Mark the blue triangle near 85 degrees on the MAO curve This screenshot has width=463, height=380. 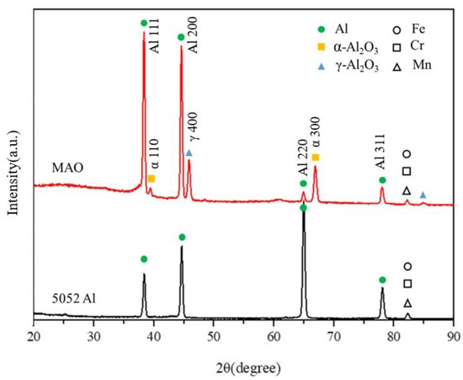click(423, 195)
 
